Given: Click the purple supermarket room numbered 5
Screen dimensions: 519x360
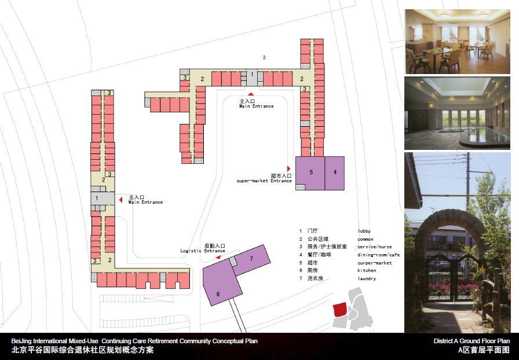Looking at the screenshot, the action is pyautogui.click(x=310, y=173).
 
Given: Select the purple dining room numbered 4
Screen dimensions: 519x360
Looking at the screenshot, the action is pyautogui.click(x=335, y=173).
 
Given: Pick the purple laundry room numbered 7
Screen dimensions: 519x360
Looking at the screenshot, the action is pyautogui.click(x=252, y=260).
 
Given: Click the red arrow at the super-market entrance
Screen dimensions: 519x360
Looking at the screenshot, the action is pyautogui.click(x=288, y=169).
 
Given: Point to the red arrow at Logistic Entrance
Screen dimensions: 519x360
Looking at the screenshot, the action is pyautogui.click(x=218, y=257).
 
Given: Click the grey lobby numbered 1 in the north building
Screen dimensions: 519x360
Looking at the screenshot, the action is pyautogui.click(x=252, y=78).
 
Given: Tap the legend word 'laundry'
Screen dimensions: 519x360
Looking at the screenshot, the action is pyautogui.click(x=367, y=278).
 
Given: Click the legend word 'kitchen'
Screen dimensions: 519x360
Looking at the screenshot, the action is pyautogui.click(x=367, y=270).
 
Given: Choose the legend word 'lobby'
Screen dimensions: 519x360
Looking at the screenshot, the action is pyautogui.click(x=364, y=231).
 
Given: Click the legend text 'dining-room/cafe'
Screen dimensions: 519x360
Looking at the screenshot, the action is pyautogui.click(x=379, y=255).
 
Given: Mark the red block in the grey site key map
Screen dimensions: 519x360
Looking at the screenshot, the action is pyautogui.click(x=340, y=310).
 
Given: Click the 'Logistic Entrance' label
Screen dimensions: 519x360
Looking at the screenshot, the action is pyautogui.click(x=203, y=251).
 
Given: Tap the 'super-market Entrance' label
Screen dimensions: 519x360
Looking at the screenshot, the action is pyautogui.click(x=264, y=181).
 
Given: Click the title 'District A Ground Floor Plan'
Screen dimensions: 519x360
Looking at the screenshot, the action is pyautogui.click(x=472, y=341).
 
